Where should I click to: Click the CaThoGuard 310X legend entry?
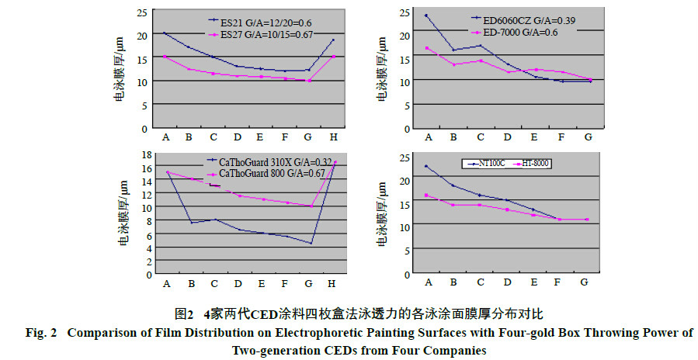pos(259,161)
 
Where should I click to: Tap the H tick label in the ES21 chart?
pos(332,137)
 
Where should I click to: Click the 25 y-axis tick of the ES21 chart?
pos(142,12)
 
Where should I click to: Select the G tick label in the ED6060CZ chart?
pos(588,137)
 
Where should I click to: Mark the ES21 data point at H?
pos(333,40)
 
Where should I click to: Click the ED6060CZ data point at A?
pos(426,16)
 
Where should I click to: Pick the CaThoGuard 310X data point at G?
pos(311,244)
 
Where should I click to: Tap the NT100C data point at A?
pos(426,166)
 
